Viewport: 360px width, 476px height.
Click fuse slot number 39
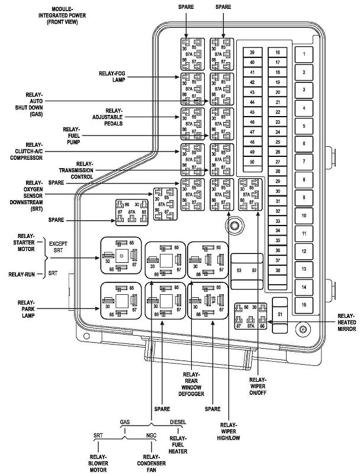click(x=252, y=53)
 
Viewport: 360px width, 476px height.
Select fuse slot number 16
click(x=277, y=53)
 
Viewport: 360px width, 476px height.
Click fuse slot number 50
click(x=252, y=162)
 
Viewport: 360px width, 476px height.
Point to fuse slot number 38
click(x=277, y=270)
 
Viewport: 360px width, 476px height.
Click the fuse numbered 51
click(x=281, y=314)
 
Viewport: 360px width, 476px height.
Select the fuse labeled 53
click(x=240, y=270)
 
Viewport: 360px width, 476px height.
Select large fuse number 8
click(x=304, y=179)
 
